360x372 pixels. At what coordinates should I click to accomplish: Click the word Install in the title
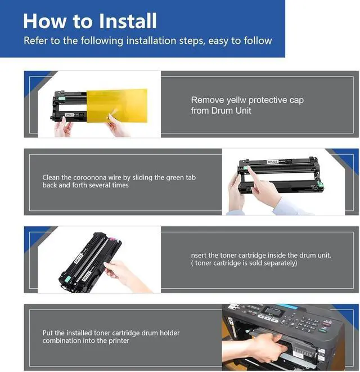click(x=127, y=21)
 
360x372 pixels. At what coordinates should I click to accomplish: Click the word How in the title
click(x=44, y=21)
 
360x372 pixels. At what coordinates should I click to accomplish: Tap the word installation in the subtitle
click(x=151, y=41)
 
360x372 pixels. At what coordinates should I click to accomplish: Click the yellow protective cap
click(x=117, y=106)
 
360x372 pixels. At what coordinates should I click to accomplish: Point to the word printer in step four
click(x=119, y=340)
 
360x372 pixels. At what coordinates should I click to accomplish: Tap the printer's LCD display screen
click(x=274, y=311)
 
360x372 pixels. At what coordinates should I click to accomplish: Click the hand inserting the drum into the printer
click(x=263, y=346)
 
